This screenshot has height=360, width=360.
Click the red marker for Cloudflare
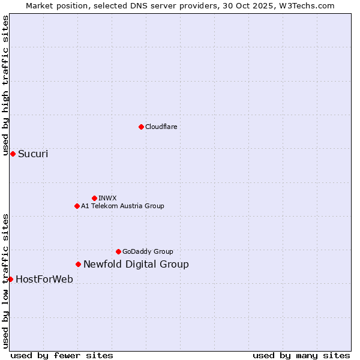coord(141,127)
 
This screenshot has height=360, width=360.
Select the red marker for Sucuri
coord(13,154)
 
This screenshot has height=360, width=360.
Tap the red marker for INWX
coord(94,198)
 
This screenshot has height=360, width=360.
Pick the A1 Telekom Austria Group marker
coord(77,206)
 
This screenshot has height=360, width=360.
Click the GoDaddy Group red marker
coord(118,251)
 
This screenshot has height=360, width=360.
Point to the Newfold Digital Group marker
coord(78,264)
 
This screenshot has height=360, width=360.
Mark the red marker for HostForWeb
coord(10,279)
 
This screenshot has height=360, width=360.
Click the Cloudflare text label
coord(161,127)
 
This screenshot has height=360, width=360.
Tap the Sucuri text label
coord(33,154)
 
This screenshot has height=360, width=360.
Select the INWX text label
coord(107,198)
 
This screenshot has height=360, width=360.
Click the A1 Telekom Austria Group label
coord(122,206)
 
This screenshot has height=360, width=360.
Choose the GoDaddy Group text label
coord(148,251)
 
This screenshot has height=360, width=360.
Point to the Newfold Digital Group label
coord(136,264)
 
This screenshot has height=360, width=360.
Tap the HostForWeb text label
coord(44,279)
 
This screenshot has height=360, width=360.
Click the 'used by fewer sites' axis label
coord(62,355)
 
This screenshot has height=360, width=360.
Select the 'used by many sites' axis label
coord(301,355)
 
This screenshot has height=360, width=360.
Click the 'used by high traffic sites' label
coord(5,85)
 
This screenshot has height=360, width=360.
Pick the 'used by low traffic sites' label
coord(5,280)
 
